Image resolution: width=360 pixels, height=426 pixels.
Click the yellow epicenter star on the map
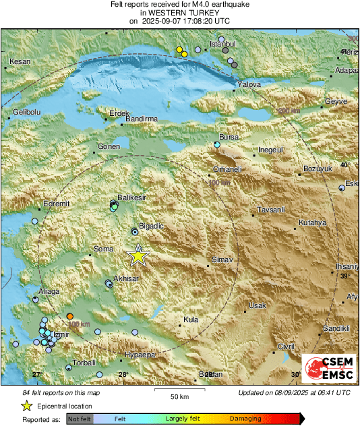[x=138, y=255]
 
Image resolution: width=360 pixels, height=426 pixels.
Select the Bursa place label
[x=229, y=137]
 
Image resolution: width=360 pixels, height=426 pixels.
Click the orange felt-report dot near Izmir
[x=70, y=316]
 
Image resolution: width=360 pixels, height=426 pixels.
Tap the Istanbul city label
[x=222, y=44]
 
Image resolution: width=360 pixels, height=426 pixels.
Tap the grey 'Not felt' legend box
[x=80, y=419]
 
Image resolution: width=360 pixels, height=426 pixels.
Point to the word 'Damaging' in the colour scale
[x=245, y=419]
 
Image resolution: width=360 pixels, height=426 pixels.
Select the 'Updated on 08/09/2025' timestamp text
[x=294, y=392]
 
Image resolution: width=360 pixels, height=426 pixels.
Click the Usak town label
[x=258, y=305]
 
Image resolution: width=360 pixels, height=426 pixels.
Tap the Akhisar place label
[x=127, y=278]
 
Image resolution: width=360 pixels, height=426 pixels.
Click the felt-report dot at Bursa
[x=217, y=145]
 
